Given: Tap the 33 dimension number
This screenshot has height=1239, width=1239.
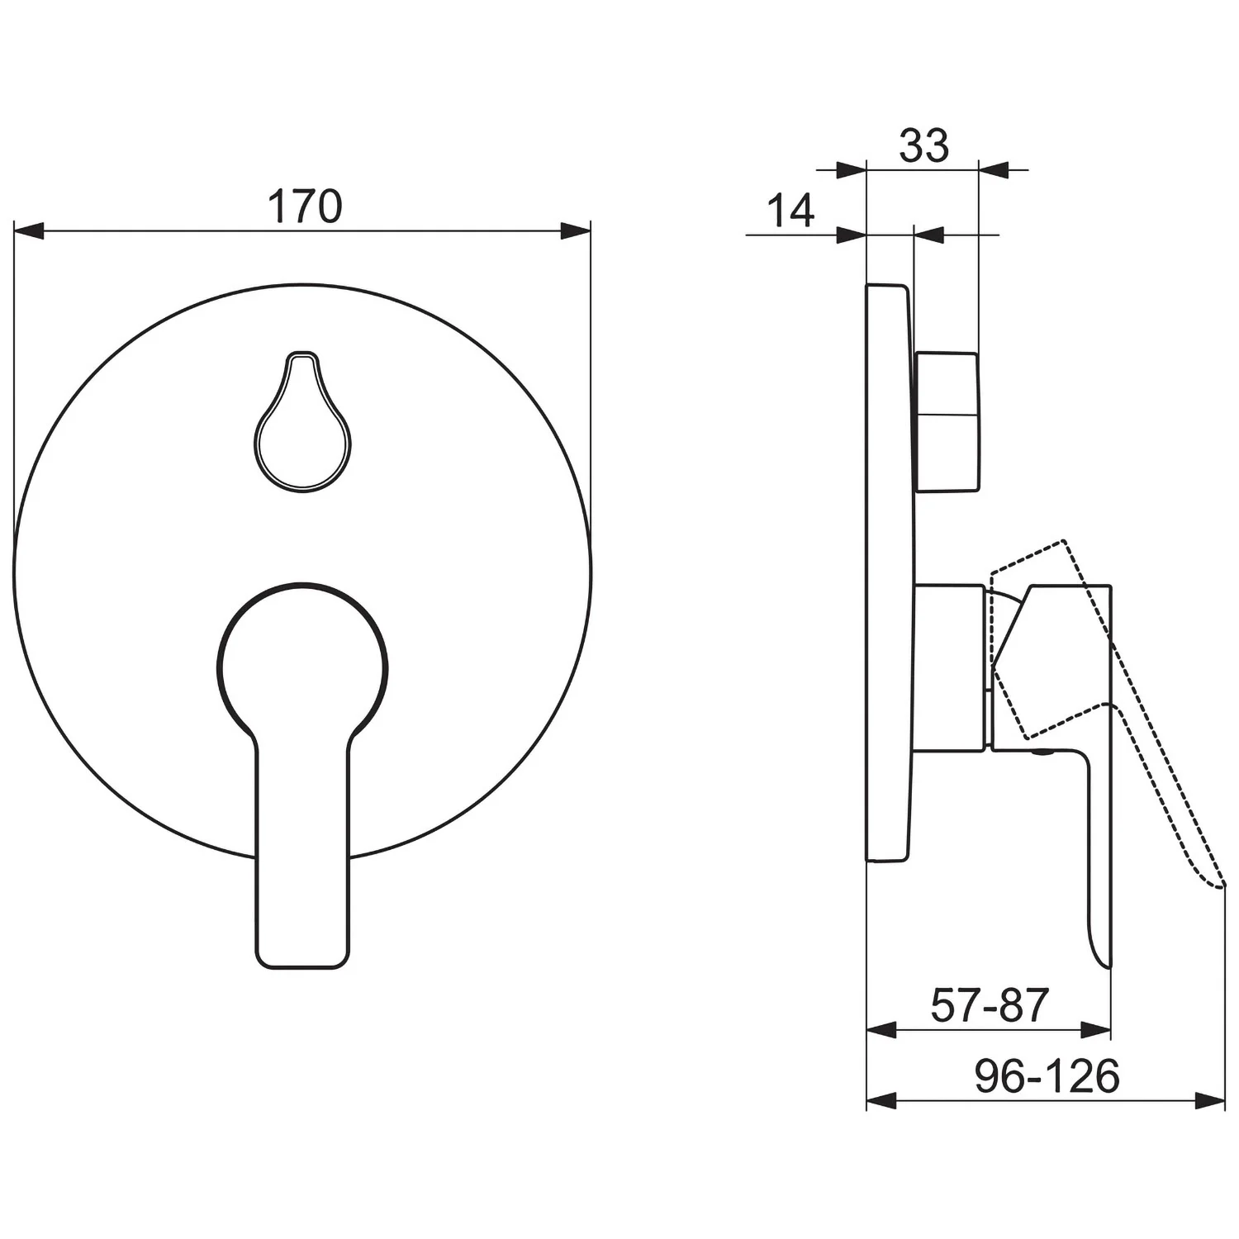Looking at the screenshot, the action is [924, 146].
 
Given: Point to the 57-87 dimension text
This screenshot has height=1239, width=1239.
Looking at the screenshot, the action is [989, 1005].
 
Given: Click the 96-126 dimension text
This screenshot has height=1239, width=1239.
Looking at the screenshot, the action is [1047, 1076].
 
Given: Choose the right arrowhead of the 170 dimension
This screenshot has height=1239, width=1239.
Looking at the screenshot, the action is [577, 230].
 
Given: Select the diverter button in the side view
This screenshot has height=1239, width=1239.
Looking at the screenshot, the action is [947, 421].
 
